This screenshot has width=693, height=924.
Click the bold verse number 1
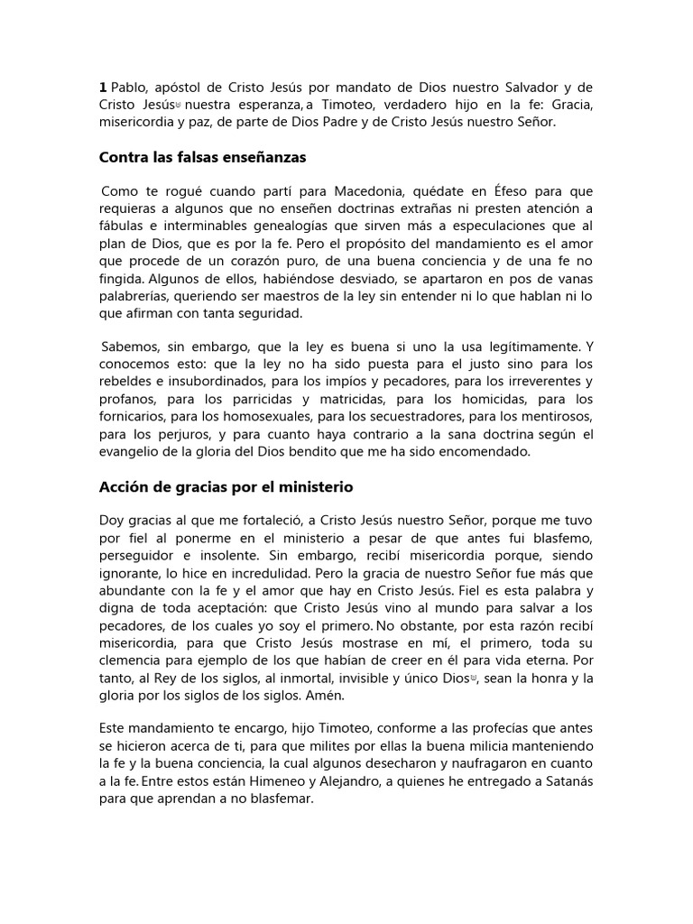point(102,87)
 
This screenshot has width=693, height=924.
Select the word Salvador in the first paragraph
point(527,87)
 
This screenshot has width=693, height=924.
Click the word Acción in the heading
point(123,486)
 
